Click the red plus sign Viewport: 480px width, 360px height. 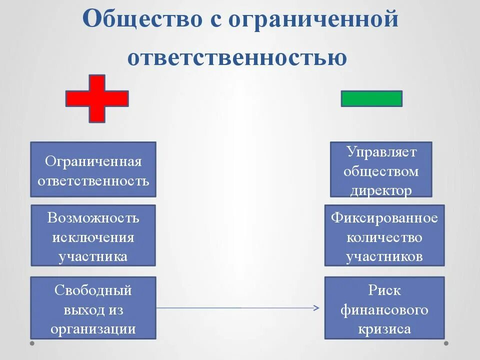click(97, 98)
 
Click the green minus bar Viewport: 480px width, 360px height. click(371, 98)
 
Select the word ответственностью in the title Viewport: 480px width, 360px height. click(237, 56)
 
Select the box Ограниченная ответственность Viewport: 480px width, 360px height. click(93, 169)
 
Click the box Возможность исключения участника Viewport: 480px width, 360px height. click(93, 235)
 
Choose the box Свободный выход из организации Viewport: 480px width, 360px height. click(93, 307)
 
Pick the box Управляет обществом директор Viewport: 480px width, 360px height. click(381, 169)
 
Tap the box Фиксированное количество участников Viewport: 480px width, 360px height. click(384, 235)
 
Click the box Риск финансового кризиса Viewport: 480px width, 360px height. click(384, 307)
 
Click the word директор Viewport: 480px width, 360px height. click(381, 190)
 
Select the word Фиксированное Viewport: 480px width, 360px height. click(384, 218)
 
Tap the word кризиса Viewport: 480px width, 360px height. click(384, 329)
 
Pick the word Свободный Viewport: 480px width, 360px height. click(93, 290)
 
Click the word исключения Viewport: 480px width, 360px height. click(93, 236)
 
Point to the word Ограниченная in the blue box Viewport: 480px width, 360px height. click(93, 161)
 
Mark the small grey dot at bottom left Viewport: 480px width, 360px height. click(32, 343)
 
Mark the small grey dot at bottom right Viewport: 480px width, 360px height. click(446, 343)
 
